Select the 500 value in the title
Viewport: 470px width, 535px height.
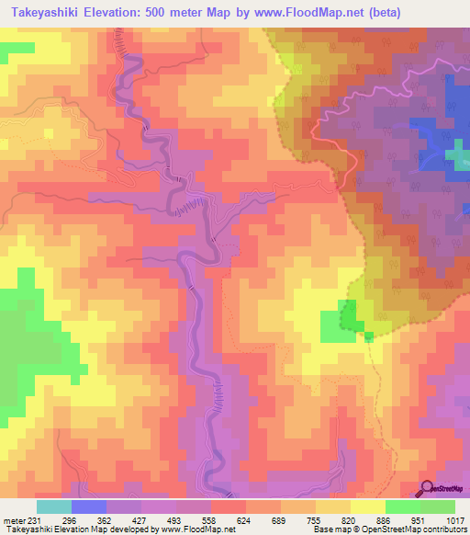pyautogui.click(x=182, y=13)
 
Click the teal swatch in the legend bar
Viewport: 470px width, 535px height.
pyautogui.click(x=53, y=507)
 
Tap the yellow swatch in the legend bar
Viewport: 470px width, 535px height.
pyautogui.click(x=332, y=507)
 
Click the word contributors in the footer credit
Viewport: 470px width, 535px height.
pyautogui.click(x=444, y=530)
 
